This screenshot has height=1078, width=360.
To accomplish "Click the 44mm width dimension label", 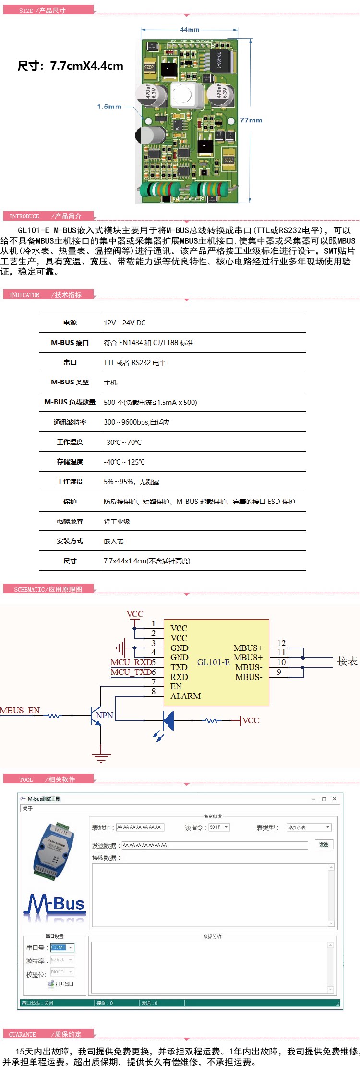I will point(190,30).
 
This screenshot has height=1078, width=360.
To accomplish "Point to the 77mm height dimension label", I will point(251,120).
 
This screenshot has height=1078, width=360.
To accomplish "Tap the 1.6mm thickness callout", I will point(109,107).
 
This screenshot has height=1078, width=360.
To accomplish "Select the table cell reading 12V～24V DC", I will point(125,323).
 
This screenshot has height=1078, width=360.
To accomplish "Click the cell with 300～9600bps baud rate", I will point(137,422).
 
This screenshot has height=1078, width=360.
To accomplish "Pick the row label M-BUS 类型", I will point(70,383).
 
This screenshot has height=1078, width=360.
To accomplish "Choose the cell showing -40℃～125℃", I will point(124,462).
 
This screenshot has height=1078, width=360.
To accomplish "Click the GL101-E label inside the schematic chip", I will point(213,662).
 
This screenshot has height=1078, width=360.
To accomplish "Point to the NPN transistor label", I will point(105,715).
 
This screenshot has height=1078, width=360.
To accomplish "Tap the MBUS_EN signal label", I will point(20,710).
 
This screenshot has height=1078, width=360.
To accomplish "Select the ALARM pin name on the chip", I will point(185,696).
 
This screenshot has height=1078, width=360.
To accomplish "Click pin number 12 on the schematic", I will point(281,643).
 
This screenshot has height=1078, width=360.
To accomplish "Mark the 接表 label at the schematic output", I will point(347,661).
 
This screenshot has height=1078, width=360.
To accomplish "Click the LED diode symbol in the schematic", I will point(168,720).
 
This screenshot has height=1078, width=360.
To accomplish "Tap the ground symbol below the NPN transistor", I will point(101,758).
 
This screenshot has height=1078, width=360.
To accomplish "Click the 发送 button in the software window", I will point(324,844).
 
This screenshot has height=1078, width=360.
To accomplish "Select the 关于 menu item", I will point(27,809).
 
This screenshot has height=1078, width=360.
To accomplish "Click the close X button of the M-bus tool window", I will point(335,799).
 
